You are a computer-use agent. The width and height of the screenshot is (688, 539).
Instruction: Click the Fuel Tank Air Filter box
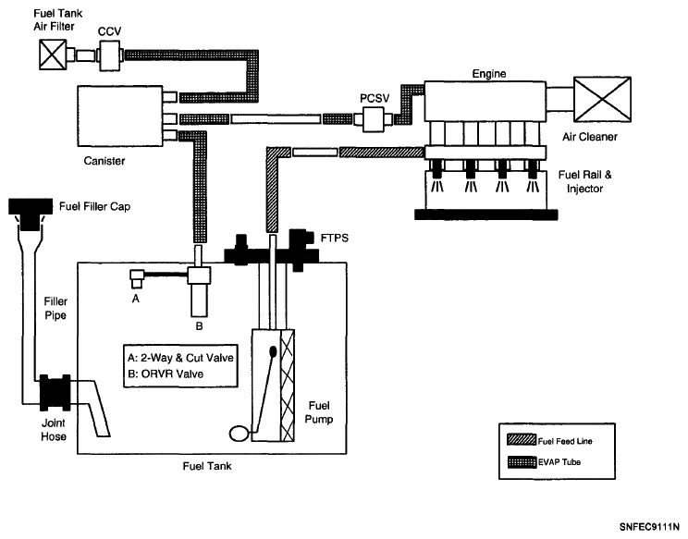tap(53, 55)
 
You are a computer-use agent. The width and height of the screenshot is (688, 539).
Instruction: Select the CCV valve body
tap(109, 55)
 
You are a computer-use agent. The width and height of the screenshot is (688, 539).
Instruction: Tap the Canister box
tap(120, 116)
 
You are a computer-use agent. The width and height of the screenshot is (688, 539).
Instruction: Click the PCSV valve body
tap(373, 118)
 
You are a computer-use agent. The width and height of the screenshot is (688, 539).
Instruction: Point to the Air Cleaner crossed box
tap(602, 100)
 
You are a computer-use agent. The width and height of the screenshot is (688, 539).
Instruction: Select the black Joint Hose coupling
tap(55, 393)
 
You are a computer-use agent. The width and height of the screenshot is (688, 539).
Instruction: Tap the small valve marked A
tap(137, 279)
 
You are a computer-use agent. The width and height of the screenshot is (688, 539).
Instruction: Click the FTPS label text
tap(335, 239)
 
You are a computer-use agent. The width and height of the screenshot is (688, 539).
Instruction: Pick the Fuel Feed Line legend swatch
tap(522, 440)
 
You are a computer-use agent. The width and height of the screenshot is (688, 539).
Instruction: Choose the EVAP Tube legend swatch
tap(522, 462)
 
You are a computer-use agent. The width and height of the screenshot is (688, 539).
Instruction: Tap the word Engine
tap(489, 74)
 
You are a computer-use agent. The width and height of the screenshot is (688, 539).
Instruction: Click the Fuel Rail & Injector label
tap(584, 181)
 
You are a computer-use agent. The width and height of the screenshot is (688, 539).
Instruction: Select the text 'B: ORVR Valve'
tap(166, 374)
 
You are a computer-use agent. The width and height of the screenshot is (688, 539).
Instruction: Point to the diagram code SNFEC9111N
tap(649, 527)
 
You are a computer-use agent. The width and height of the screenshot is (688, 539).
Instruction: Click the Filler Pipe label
tap(55, 308)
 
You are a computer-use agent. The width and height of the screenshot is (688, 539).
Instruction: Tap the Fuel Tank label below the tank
tap(207, 466)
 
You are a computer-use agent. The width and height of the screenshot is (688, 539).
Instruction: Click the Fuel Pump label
tap(319, 412)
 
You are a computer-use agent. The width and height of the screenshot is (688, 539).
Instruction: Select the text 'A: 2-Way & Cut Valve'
tap(180, 358)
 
